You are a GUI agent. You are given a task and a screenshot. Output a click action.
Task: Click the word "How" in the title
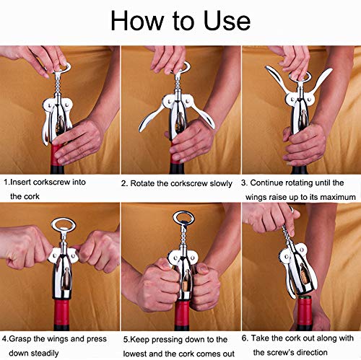139,22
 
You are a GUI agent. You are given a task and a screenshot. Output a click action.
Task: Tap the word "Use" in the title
226,22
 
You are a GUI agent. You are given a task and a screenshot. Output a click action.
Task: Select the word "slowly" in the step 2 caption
217,183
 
